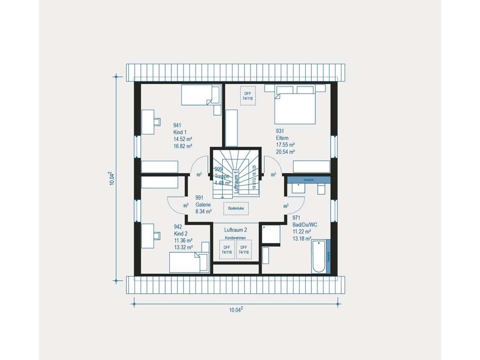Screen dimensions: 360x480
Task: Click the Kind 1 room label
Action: point(180,132)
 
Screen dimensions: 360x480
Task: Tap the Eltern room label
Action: point(282,138)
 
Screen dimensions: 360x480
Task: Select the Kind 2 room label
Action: point(180,234)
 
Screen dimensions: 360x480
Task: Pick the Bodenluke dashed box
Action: point(236,208)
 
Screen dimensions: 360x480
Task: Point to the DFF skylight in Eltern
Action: point(248,96)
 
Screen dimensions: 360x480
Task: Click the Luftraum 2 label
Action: point(235,230)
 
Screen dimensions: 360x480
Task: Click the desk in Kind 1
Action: point(148,122)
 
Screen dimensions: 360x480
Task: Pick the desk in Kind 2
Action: point(148,236)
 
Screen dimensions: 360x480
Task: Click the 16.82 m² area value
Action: point(182,146)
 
